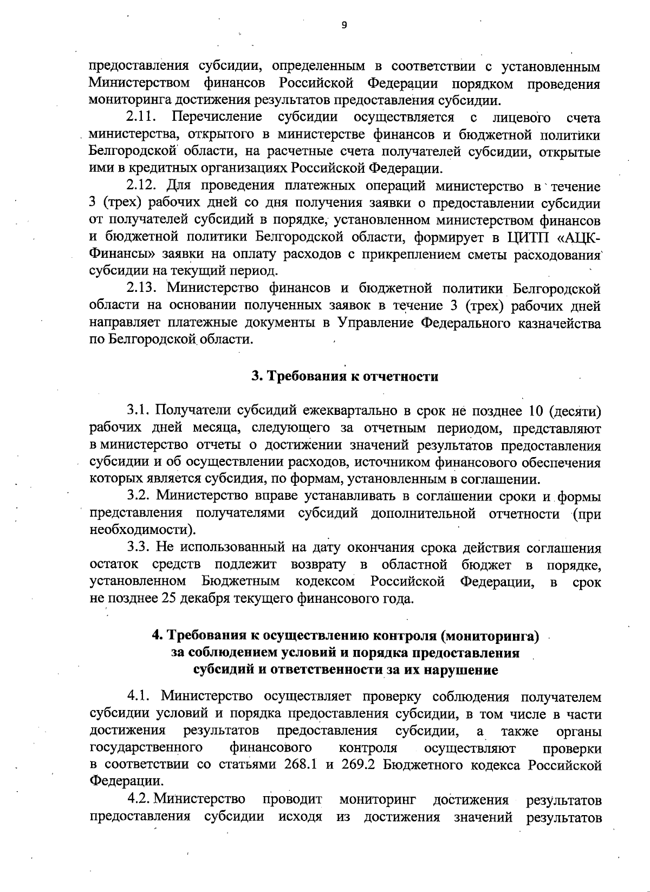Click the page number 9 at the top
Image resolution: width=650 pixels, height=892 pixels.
(344, 24)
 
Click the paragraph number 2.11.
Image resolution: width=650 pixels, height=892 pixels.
(141, 117)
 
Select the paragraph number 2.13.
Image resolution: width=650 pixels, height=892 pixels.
(142, 288)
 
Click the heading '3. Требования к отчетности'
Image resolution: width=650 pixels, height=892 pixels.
(344, 376)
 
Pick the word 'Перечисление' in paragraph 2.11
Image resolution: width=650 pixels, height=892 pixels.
(217, 117)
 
